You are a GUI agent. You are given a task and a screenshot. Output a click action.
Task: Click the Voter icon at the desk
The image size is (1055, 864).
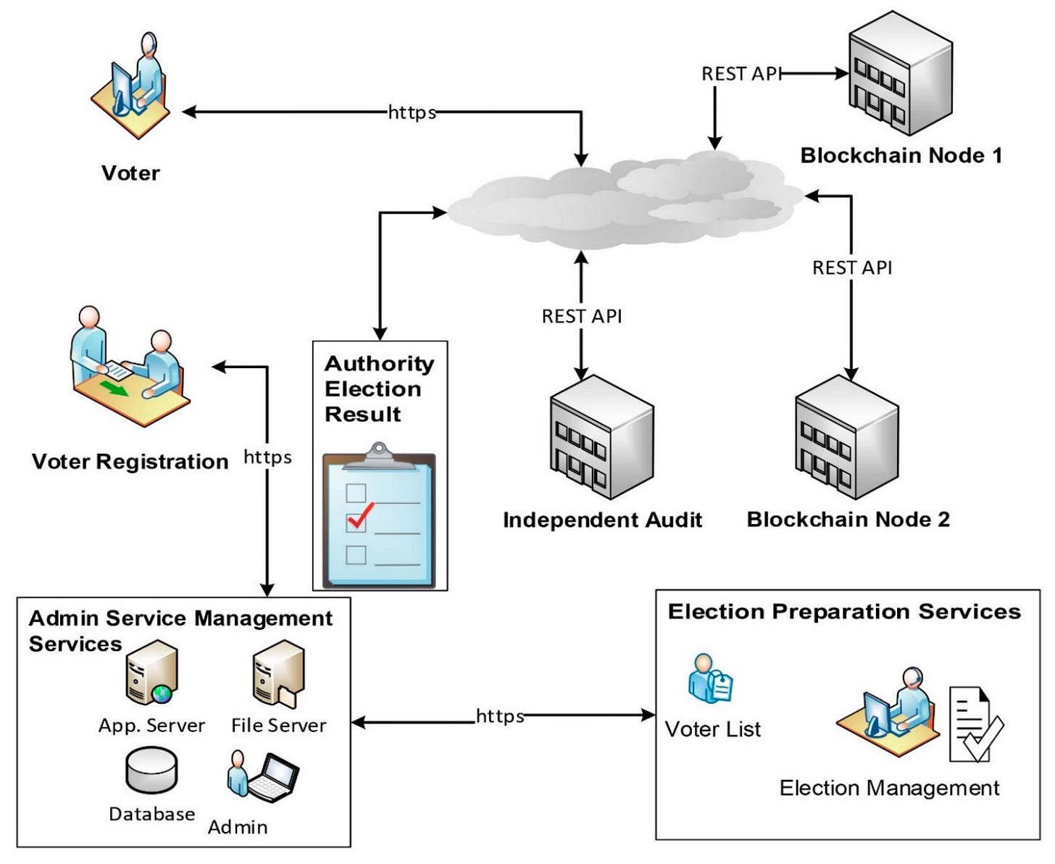pyautogui.click(x=134, y=83)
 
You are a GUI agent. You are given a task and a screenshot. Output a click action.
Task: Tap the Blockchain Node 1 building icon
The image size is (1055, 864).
pyautogui.click(x=899, y=75)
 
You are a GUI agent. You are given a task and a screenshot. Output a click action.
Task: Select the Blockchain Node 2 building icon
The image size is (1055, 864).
pyautogui.click(x=847, y=439)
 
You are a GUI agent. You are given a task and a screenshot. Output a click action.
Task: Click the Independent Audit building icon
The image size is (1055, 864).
pyautogui.click(x=601, y=439)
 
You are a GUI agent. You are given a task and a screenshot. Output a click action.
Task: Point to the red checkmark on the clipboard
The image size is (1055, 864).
pyautogui.click(x=360, y=515)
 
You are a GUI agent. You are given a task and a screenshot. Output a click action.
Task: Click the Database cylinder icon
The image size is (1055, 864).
pyautogui.click(x=151, y=770)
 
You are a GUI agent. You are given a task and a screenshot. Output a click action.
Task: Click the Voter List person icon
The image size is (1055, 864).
pyautogui.click(x=710, y=679)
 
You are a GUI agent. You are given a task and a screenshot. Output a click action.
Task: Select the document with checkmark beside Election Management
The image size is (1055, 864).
pyautogui.click(x=975, y=725)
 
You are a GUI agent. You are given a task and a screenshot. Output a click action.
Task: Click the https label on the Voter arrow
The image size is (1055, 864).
pyautogui.click(x=412, y=112)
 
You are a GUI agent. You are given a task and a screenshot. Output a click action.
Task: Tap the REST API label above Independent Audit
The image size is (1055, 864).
pyautogui.click(x=581, y=316)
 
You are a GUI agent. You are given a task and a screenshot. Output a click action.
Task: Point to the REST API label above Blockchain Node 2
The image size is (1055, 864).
pyautogui.click(x=851, y=267)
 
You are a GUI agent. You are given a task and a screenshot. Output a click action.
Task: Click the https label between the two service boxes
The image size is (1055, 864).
pyautogui.click(x=499, y=716)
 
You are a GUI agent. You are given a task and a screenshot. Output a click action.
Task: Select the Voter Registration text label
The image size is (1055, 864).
pyautogui.click(x=130, y=462)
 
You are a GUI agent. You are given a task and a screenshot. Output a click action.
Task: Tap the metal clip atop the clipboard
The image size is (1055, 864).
pyautogui.click(x=379, y=455)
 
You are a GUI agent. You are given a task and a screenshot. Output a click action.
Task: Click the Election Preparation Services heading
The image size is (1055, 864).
pyautogui.click(x=843, y=612)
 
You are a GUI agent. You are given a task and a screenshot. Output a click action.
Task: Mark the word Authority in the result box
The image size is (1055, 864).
pyautogui.click(x=379, y=363)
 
